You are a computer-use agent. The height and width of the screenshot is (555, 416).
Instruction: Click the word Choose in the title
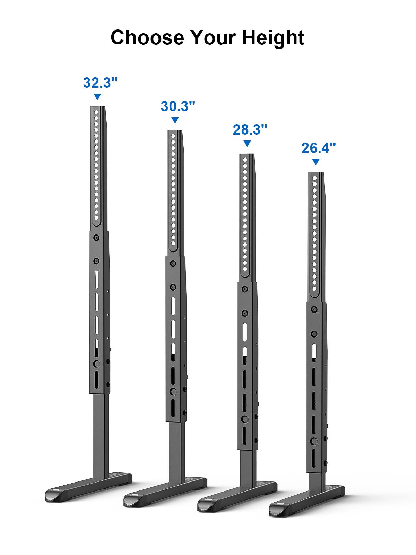coord(147,37)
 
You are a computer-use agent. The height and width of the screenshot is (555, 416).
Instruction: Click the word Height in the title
coord(273,37)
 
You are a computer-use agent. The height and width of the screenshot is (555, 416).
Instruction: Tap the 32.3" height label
coord(101,83)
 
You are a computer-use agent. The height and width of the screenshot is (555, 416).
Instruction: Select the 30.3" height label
coord(178,106)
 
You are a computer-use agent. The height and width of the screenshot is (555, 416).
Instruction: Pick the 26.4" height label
coord(318,148)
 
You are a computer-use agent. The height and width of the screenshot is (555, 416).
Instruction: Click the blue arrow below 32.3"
coord(97,97)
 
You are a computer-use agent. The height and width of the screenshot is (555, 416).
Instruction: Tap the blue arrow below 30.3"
coord(175,120)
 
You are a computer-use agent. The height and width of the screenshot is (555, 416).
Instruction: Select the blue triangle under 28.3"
coord(247,143)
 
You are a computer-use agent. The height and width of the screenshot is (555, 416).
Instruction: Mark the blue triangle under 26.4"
coord(315,162)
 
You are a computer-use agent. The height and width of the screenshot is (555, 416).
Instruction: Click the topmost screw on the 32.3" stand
coord(96,238)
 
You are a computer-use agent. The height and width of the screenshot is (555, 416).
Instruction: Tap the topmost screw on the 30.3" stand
coord(172,264)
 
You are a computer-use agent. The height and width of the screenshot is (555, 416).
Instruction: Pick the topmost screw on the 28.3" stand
coord(245,289)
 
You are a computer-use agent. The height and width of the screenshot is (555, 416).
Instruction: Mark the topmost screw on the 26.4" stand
coord(314,309)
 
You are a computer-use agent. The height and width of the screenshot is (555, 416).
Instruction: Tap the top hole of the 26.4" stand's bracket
coord(315,178)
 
